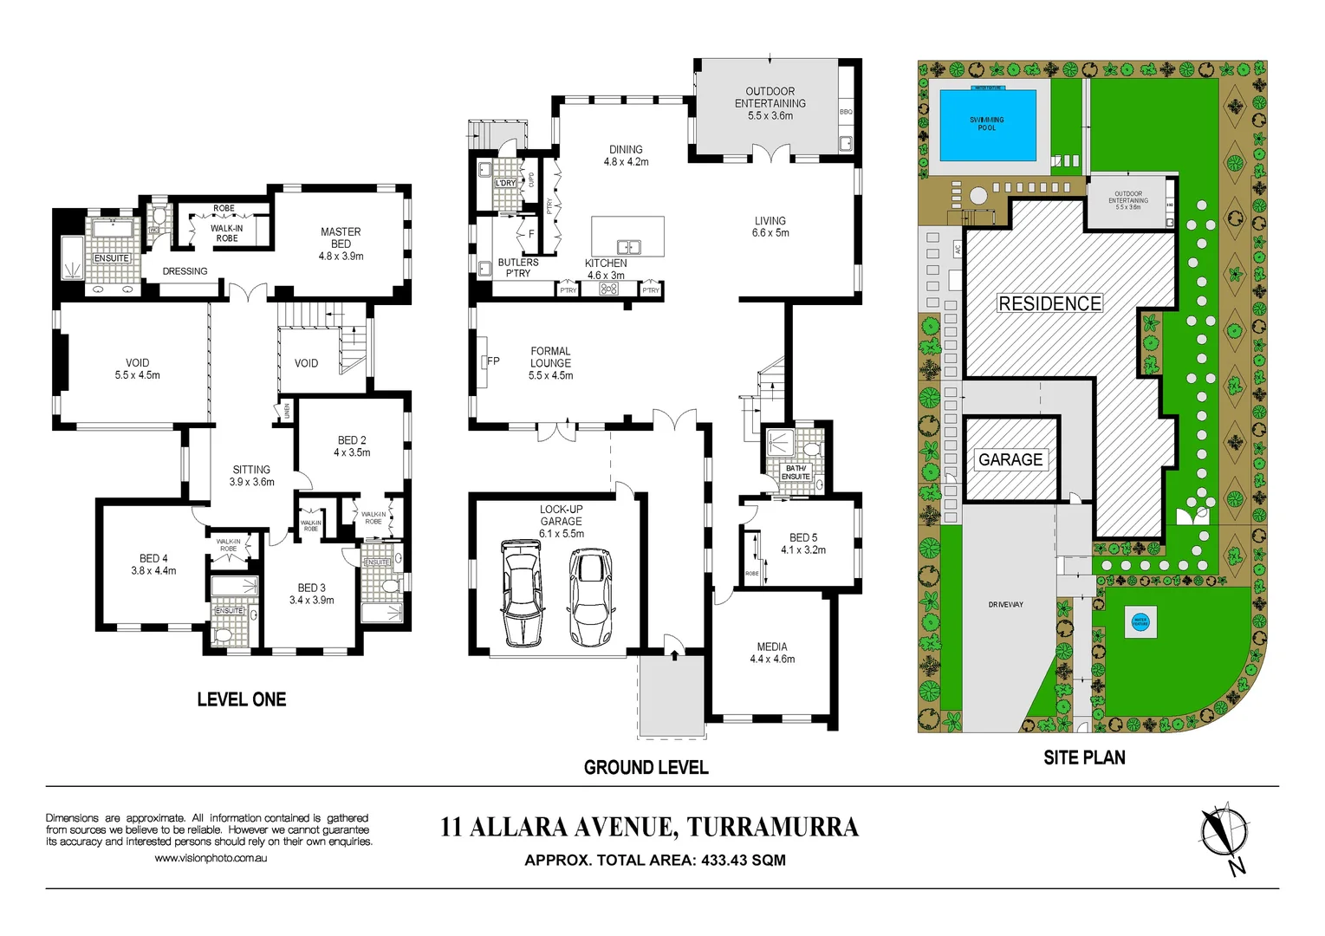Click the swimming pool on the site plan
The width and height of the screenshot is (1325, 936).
tap(988, 125)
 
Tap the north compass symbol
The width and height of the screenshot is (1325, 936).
tap(1224, 834)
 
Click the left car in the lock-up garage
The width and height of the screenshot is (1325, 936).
tap(523, 594)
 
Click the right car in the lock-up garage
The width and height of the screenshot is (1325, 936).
tap(590, 597)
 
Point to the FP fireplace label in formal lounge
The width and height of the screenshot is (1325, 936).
tap(493, 361)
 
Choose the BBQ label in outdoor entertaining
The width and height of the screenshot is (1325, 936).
tap(846, 112)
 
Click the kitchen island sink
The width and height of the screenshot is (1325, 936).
tap(628, 247)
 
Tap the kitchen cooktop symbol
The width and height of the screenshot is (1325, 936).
tap(609, 289)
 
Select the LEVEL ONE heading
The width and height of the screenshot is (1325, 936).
tap(241, 699)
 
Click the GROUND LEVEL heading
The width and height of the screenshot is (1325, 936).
tap(646, 767)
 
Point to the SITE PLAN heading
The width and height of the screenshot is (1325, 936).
tap(1084, 757)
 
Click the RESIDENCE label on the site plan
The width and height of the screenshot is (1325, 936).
tap(1049, 303)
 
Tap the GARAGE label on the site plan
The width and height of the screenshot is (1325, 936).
tap(1010, 459)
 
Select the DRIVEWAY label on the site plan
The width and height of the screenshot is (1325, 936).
tap(1005, 604)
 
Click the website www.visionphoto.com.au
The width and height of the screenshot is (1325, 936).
tap(211, 858)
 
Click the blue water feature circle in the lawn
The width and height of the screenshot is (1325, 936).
tap(1140, 621)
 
